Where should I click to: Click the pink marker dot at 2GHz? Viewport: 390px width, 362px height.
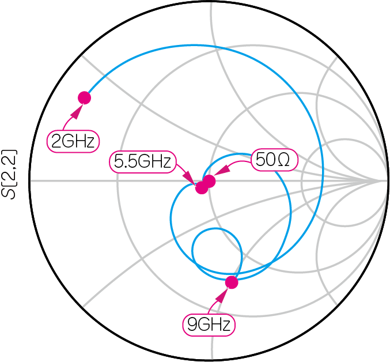pos(84,98)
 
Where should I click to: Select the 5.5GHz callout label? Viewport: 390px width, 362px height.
pos(142,162)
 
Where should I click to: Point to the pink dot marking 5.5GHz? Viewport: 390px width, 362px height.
pos(202,187)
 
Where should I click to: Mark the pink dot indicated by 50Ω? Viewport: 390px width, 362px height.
pos(209,181)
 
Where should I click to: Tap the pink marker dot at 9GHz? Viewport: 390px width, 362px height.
pos(232,282)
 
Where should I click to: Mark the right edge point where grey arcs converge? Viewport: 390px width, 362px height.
pos(383,181)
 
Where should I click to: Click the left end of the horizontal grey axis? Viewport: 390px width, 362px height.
pos(30,181)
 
